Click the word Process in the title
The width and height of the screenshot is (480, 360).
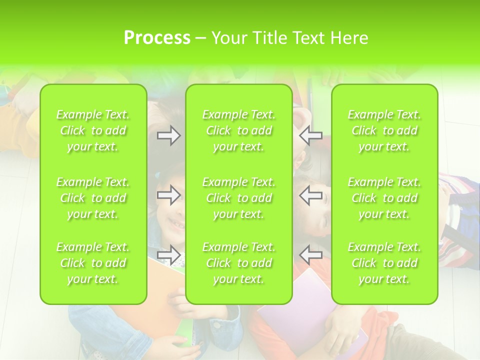[157, 38]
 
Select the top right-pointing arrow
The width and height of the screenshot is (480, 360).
[168, 135]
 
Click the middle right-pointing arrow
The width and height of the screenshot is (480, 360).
[168, 195]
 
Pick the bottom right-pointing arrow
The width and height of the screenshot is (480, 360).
[168, 255]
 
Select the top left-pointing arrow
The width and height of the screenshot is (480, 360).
[311, 135]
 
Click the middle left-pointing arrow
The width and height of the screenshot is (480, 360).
[311, 195]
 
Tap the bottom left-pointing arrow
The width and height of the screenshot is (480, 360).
[311, 255]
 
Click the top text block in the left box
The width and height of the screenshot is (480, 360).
[93, 130]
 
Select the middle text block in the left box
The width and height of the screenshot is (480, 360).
[93, 198]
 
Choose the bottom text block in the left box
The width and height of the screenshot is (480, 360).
[93, 263]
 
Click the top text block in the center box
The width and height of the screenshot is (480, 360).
[239, 130]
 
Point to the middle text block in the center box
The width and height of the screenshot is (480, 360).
[239, 198]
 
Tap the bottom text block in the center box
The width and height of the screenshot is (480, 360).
[239, 263]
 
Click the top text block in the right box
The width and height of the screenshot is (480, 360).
[384, 130]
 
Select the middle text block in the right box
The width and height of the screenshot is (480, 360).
[384, 198]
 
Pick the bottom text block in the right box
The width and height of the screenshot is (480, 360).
[384, 263]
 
